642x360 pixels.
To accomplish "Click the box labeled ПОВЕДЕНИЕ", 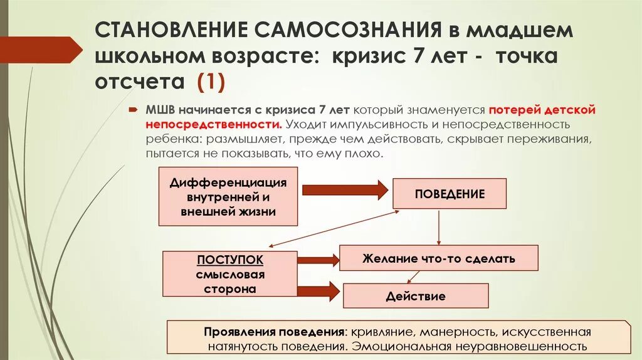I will [450, 194].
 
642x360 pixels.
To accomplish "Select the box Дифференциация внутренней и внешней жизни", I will [228, 197].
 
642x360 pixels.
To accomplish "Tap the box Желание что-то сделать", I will [438, 258].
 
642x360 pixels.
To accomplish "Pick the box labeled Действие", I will [416, 296].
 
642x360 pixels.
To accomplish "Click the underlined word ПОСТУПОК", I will [230, 260].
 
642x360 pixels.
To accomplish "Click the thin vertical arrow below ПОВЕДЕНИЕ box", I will [438, 226].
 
